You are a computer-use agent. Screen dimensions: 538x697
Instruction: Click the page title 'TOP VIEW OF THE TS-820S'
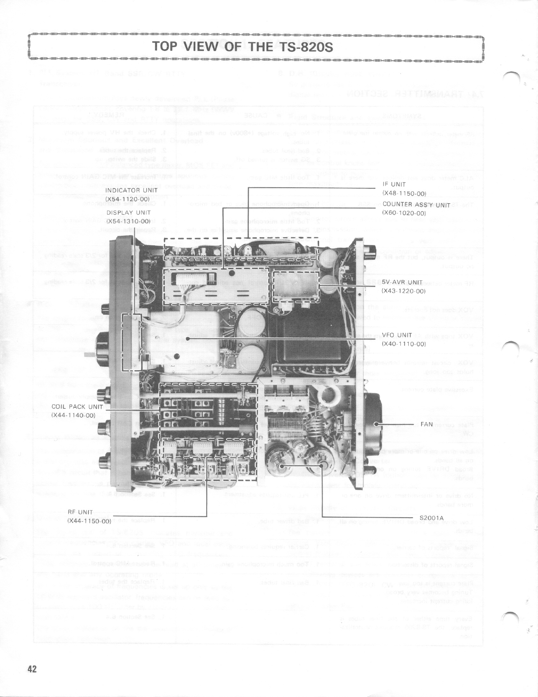click(x=242, y=46)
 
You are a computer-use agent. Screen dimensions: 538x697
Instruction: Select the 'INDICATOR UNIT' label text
click(x=128, y=190)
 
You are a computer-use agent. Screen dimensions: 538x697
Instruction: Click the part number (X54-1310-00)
click(x=128, y=221)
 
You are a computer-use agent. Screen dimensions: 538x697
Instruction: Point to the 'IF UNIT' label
click(x=394, y=185)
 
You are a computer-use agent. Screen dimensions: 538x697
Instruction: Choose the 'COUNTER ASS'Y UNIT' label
click(x=410, y=205)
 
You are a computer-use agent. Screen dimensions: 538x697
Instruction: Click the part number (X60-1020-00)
click(x=403, y=213)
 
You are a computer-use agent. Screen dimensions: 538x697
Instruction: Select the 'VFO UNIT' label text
click(x=397, y=335)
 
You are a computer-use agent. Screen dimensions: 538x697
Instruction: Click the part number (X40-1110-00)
click(x=403, y=344)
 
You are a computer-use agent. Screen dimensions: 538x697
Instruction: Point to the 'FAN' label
click(x=427, y=424)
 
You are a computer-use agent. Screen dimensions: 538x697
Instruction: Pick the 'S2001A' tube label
click(x=431, y=517)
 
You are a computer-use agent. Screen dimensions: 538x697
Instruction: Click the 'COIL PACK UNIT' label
click(x=77, y=407)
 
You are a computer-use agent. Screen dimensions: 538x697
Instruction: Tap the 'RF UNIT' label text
click(x=80, y=512)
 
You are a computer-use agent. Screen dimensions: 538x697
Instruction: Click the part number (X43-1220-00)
click(x=403, y=291)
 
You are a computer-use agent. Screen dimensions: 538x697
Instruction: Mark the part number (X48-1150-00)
click(x=403, y=193)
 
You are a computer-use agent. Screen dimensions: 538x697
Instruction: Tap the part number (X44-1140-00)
click(x=73, y=415)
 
